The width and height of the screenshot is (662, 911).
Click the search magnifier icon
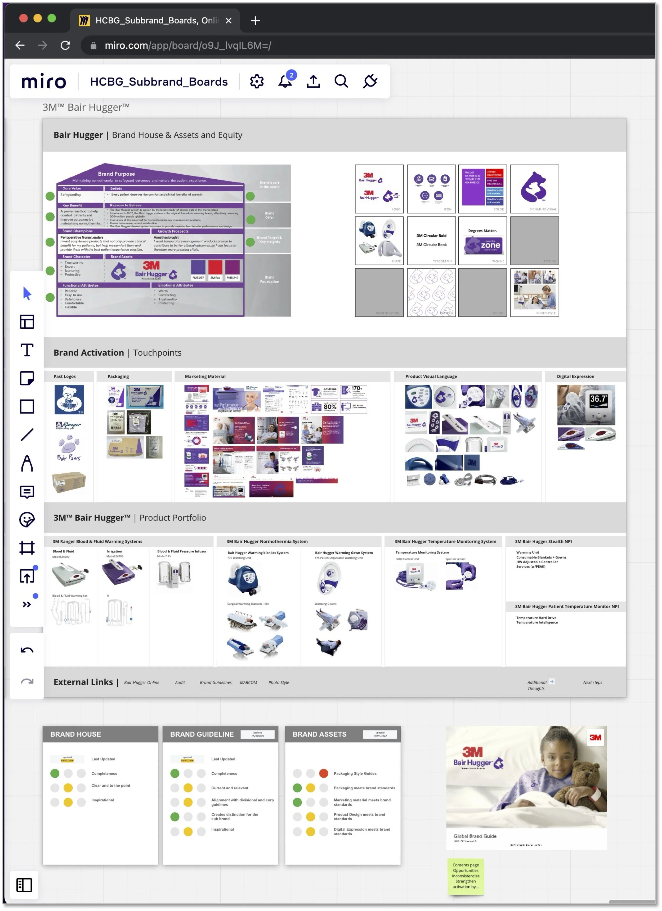click(341, 81)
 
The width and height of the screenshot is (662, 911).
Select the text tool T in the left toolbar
click(27, 350)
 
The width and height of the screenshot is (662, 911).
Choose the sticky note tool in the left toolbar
click(27, 378)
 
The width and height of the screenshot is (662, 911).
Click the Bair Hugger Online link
click(141, 682)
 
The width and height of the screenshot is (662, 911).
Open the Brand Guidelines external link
click(216, 682)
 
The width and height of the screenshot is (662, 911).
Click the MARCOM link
click(248, 682)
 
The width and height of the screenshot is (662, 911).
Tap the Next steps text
click(592, 682)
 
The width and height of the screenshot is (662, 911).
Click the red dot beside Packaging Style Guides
click(324, 773)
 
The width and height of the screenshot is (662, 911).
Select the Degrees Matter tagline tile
click(482, 241)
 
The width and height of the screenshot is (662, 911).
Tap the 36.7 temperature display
click(598, 399)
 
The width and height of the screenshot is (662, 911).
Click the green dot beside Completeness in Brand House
click(55, 773)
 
